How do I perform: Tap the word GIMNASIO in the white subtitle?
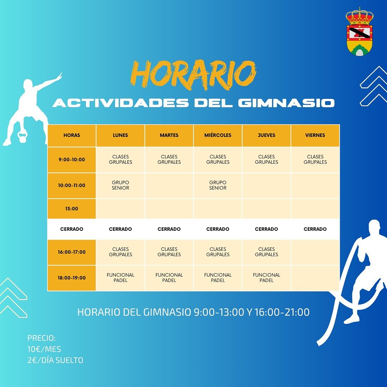(x=286, y=103)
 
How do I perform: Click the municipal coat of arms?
(x=360, y=31)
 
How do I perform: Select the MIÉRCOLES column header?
(x=218, y=135)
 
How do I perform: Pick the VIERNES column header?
(x=315, y=135)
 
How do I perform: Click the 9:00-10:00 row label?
(x=72, y=160)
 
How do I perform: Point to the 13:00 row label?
(x=72, y=209)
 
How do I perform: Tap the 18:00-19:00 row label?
(x=72, y=278)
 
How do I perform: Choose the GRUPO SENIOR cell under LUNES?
(x=120, y=185)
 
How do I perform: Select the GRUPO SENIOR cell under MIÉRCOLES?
(x=218, y=185)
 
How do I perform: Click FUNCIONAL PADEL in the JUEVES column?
(x=267, y=278)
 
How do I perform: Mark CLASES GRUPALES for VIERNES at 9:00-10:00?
(x=315, y=159)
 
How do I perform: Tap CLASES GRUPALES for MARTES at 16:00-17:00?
(x=169, y=252)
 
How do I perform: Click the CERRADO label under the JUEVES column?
(x=267, y=229)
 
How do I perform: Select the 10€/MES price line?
(x=44, y=349)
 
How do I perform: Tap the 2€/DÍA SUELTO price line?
(x=55, y=360)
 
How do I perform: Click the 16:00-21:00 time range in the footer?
(x=282, y=312)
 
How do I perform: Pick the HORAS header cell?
(x=72, y=135)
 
